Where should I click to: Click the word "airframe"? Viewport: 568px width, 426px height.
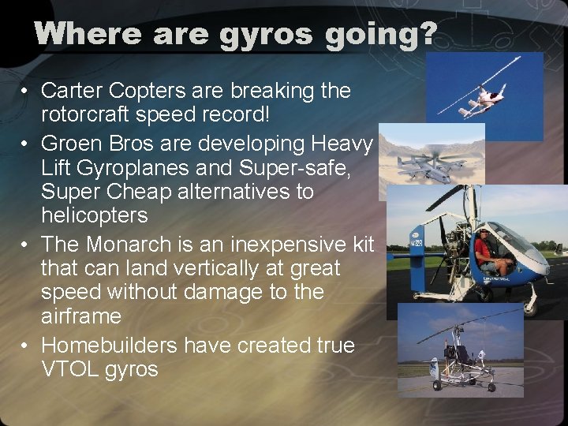81,316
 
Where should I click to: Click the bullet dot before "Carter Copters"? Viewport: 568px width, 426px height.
26,92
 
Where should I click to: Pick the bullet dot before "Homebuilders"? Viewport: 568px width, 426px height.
26,346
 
